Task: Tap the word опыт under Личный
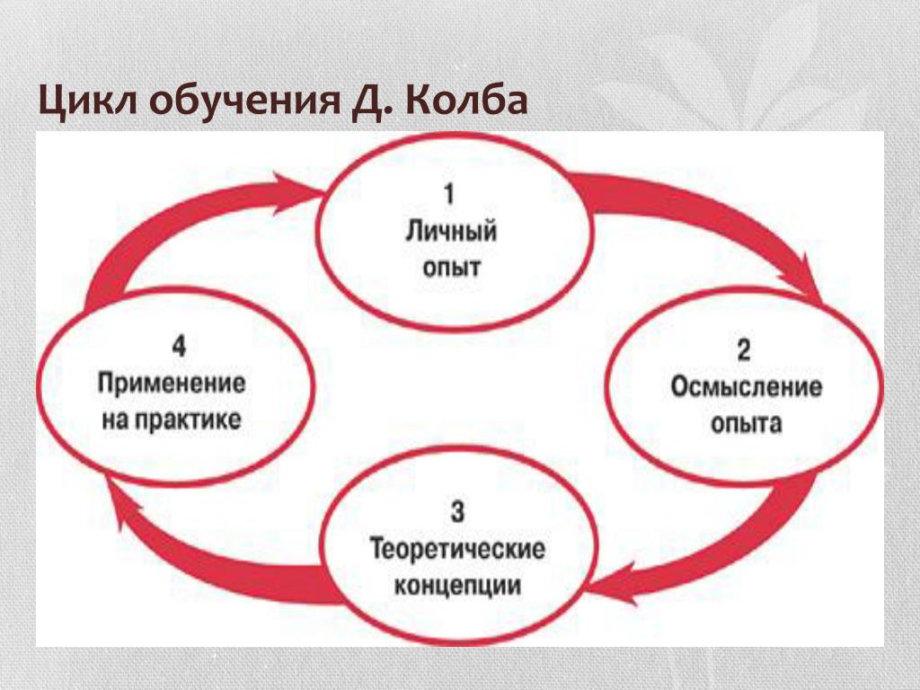click(x=452, y=267)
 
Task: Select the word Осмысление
click(x=746, y=387)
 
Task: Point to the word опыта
click(x=746, y=423)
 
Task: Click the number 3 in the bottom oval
click(x=457, y=513)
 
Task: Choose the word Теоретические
click(x=457, y=549)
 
